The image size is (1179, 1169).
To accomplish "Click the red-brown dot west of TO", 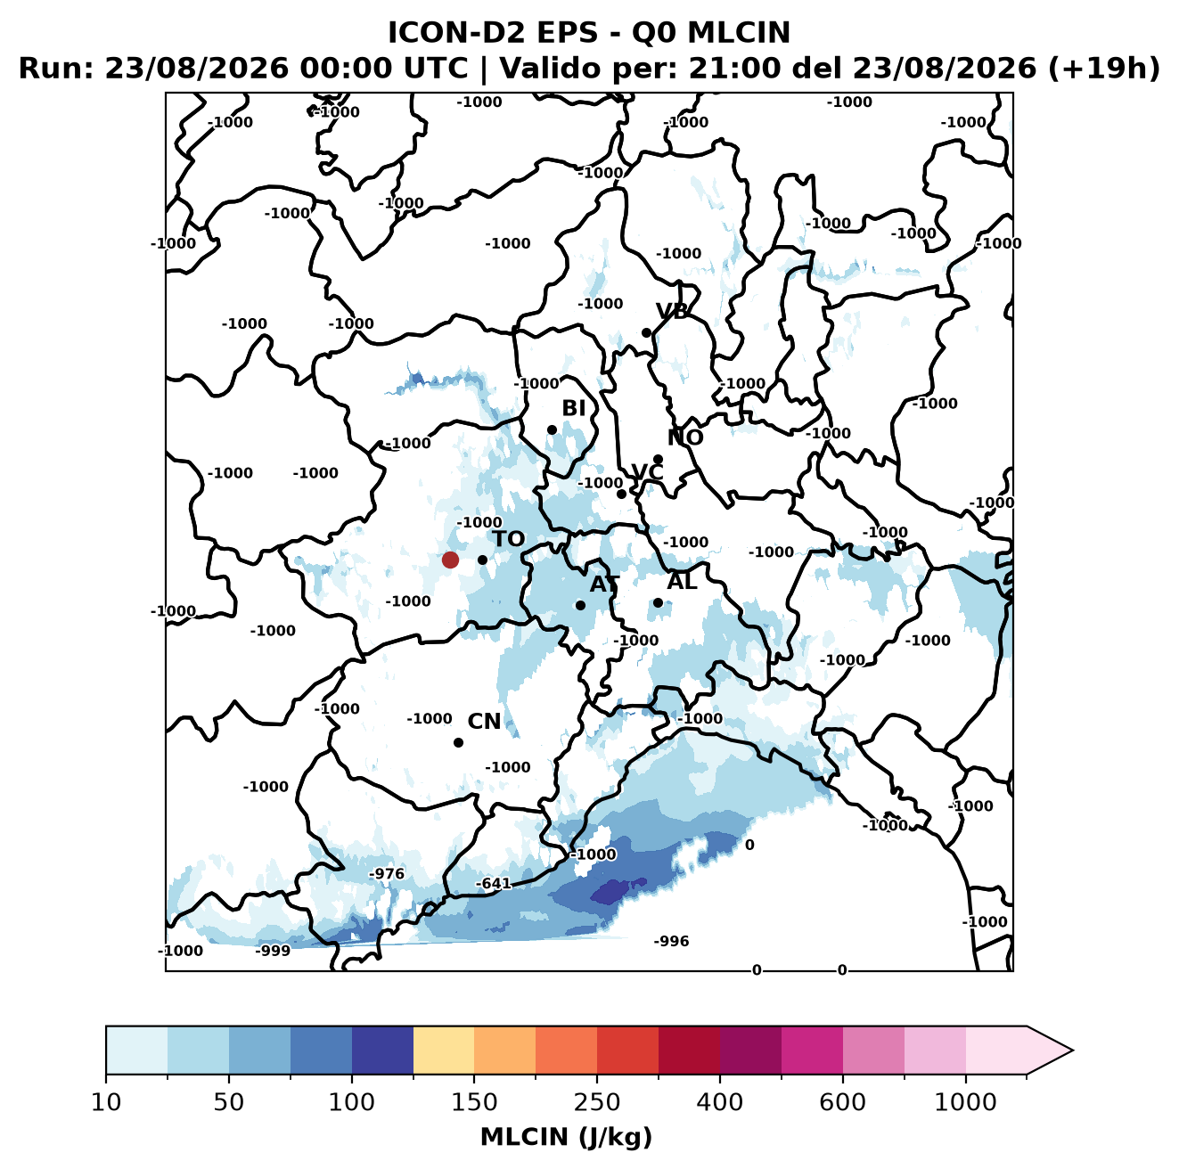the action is tap(450, 560).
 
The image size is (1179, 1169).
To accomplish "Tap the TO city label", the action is tap(509, 539).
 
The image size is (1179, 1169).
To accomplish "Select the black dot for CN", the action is tap(458, 742).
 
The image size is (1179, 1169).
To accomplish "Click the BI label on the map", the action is tap(573, 408).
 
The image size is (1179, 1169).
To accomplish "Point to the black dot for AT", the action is tap(580, 605).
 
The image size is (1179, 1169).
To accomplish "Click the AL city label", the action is tap(682, 581).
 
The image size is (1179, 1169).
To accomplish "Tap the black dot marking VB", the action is tap(646, 332).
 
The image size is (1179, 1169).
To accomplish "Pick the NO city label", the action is tap(685, 437).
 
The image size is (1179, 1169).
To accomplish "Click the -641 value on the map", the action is tap(493, 883).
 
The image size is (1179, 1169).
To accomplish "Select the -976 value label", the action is tap(387, 873).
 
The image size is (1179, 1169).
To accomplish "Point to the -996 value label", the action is tap(671, 941).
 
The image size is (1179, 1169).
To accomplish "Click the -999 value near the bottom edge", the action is tap(273, 950).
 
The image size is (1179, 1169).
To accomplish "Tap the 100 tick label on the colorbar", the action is tap(352, 1101).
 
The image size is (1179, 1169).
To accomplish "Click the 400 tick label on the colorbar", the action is tap(719, 1101).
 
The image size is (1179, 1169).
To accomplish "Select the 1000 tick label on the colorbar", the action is tap(965, 1101).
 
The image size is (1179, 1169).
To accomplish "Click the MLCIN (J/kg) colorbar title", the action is tap(567, 1137).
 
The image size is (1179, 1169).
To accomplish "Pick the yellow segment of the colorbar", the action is tap(444, 1050).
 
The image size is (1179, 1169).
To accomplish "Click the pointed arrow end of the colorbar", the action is tap(1072, 1050).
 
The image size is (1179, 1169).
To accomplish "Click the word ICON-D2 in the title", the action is tap(456, 32).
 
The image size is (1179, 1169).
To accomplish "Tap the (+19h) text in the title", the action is tap(1104, 68).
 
